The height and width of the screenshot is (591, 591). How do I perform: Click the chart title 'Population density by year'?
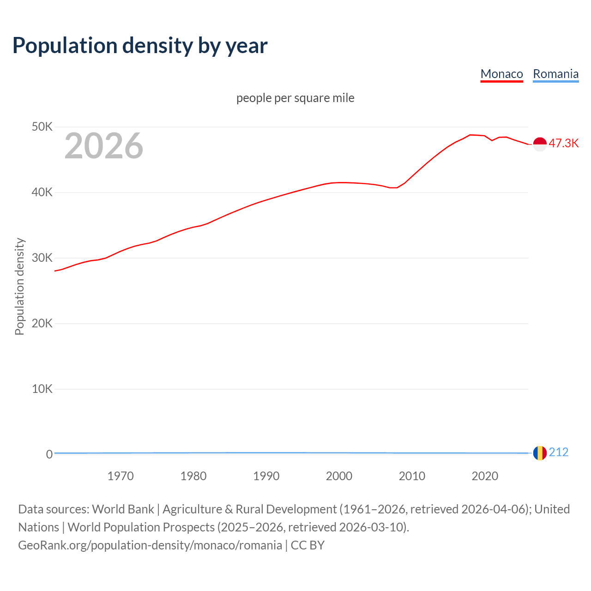point(140,46)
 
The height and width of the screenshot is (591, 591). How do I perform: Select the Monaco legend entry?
point(501,74)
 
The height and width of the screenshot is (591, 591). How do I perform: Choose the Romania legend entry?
point(555,74)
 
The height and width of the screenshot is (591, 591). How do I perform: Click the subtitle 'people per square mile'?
point(295,98)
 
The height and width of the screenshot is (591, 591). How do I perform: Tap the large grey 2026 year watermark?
point(104,146)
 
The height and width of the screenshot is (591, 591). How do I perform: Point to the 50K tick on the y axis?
point(42,127)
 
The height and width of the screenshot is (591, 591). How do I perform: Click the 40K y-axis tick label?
point(42,192)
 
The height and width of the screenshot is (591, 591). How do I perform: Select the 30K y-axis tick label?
point(42,258)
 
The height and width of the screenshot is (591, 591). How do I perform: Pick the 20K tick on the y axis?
point(42,323)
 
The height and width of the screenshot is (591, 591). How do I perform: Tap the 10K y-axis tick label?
point(42,389)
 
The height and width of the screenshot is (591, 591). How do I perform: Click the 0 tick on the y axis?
point(49,454)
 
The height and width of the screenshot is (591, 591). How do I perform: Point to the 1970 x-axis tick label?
point(121,476)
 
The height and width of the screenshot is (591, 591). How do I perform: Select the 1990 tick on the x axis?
point(266,476)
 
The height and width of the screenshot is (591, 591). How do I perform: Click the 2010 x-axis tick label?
point(412,476)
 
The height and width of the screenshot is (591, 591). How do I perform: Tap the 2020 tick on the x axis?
point(485,476)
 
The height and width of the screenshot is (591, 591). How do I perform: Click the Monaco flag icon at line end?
point(540,144)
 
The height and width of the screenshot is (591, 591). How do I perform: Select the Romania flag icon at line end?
point(540,453)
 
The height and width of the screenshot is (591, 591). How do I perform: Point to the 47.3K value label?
point(563,144)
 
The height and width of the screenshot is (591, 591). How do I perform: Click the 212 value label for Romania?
point(559,452)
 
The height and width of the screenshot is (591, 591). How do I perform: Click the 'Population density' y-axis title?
point(19,286)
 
